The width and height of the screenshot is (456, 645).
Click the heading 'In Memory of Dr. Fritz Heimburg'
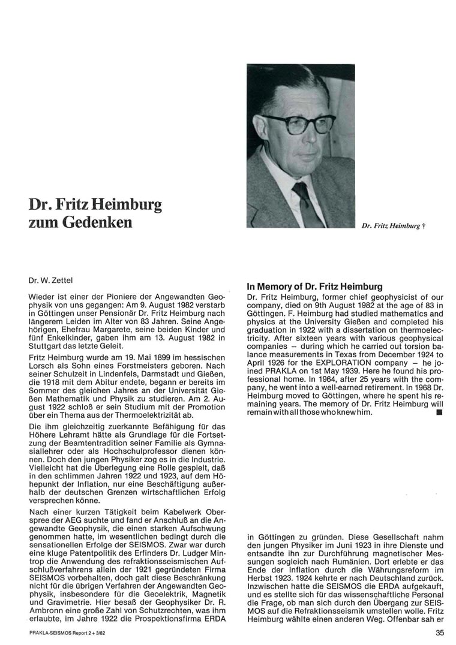tap(315, 287)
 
